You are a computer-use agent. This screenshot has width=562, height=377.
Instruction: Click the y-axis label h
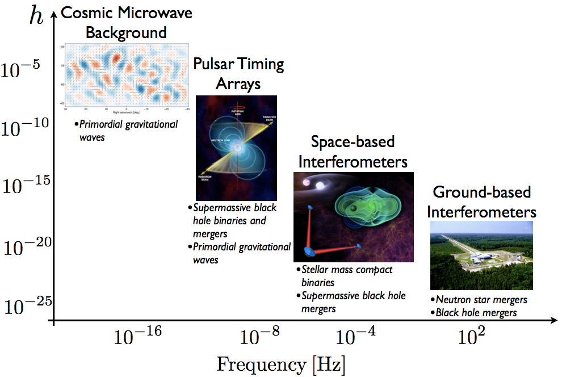pos(37,16)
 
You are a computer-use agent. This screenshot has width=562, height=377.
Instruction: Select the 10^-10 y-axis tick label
pos(24,127)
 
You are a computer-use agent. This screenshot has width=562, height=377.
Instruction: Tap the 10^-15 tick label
pos(24,186)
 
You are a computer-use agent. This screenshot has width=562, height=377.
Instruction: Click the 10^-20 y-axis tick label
pos(24,247)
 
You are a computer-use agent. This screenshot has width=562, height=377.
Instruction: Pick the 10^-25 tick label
pos(24,306)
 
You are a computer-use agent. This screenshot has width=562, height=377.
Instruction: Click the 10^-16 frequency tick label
pos(138,338)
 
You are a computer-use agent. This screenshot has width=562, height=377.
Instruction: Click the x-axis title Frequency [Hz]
pos(280,363)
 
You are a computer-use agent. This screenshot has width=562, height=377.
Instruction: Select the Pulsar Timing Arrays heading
pos(238,73)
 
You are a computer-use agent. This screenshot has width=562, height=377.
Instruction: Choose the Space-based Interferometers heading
pos(353,150)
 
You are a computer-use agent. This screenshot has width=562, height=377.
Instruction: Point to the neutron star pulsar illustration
pos(236,148)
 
